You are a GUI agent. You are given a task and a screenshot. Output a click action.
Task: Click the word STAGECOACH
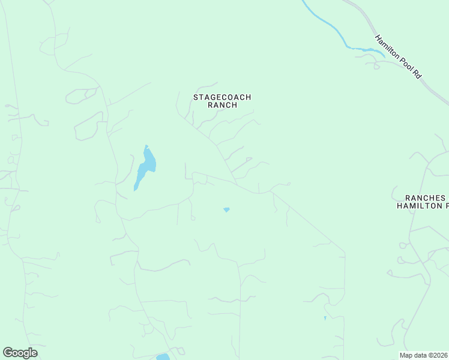(x=222, y=97)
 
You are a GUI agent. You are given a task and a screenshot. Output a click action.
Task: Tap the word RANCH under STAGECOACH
(x=222, y=105)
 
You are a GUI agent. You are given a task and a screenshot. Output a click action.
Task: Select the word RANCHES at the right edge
(x=426, y=197)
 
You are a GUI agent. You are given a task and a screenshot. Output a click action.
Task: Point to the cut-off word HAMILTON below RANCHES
(x=418, y=206)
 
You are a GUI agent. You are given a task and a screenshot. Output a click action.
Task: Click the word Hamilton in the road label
(x=387, y=47)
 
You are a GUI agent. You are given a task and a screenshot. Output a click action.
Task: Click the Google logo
(x=20, y=353)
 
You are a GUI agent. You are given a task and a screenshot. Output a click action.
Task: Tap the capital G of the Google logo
(x=7, y=353)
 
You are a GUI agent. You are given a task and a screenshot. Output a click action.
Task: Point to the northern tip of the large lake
(x=146, y=146)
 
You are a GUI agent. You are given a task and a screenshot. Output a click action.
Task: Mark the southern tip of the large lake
(x=135, y=190)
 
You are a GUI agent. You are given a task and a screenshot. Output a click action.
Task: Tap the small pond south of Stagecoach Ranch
(x=226, y=209)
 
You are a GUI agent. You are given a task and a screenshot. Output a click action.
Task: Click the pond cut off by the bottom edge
(x=163, y=357)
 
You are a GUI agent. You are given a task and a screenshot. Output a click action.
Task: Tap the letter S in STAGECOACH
(x=195, y=97)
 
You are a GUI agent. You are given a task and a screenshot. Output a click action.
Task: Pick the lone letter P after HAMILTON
(x=446, y=206)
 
